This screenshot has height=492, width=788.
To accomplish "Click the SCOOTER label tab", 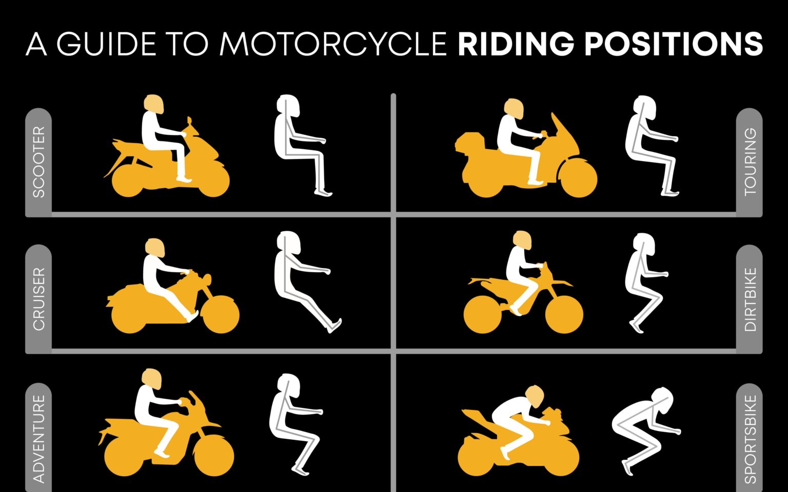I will [x=38, y=162].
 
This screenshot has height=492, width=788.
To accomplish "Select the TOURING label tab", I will [x=750, y=162].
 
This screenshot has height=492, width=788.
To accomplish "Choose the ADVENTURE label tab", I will [x=38, y=438].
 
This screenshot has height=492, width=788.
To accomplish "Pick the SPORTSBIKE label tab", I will [x=750, y=438].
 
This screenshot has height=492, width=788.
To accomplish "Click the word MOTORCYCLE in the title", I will [x=333, y=44].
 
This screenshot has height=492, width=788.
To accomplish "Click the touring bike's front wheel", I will [x=579, y=177].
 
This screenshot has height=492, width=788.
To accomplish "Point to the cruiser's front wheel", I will [x=221, y=314].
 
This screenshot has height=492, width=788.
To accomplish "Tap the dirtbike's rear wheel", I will [x=482, y=314].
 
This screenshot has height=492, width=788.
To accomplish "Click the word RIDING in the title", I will [x=516, y=44].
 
